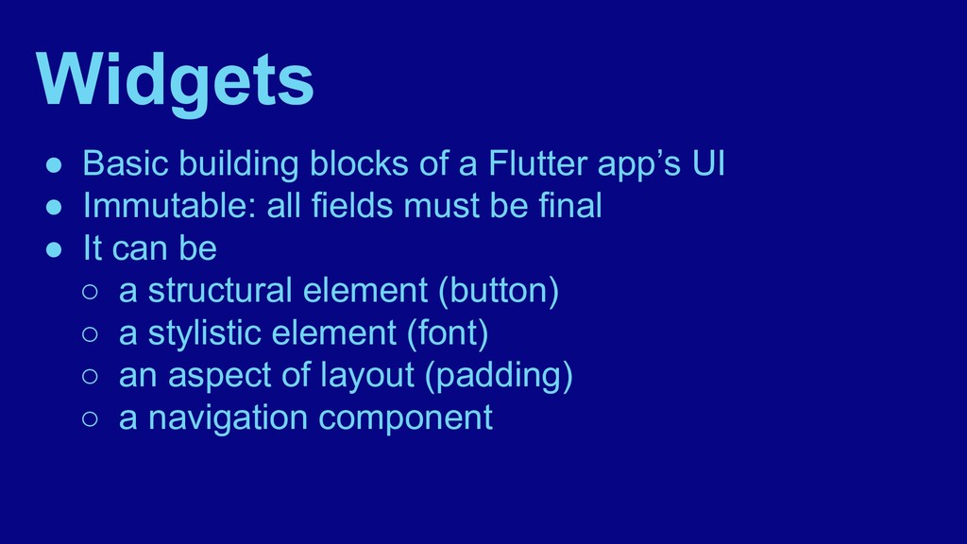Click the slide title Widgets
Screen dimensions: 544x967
tap(176, 80)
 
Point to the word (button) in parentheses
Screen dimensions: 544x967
tap(498, 291)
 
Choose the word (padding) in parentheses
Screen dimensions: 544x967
tap(499, 376)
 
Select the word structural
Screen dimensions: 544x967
tap(220, 291)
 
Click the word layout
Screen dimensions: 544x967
tap(367, 376)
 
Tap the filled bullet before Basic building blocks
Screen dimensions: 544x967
tap(56, 166)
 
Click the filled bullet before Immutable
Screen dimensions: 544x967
tap(56, 208)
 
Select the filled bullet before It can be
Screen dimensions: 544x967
tap(56, 250)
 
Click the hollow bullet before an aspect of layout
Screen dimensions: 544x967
tap(90, 377)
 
